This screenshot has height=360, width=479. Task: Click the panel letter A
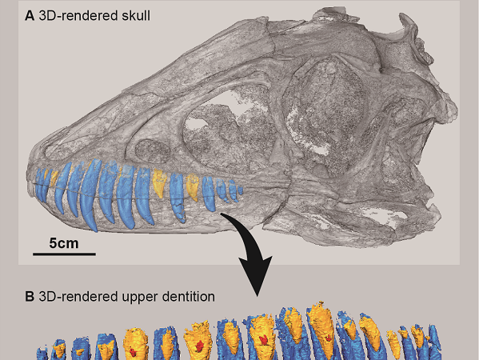[x=30, y=15]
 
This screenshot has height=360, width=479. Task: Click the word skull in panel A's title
[x=136, y=15]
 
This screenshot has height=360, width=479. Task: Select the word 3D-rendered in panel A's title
[x=79, y=15]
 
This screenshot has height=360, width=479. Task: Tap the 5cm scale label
[x=64, y=243]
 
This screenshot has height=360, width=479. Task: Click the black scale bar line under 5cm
[x=64, y=254]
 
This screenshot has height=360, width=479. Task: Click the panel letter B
[x=30, y=297]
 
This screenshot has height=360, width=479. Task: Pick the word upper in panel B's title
[x=139, y=298]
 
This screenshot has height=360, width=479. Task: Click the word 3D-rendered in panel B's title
[x=79, y=297]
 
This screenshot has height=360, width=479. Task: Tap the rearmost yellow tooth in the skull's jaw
[x=193, y=186]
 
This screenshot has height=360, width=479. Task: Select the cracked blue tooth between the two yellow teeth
[x=178, y=197]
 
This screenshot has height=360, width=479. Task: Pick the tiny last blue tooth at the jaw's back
[x=241, y=190]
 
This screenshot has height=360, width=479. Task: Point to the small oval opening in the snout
[x=153, y=150]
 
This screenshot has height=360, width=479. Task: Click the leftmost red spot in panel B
[x=133, y=352]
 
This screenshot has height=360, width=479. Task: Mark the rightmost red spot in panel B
[x=329, y=338]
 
